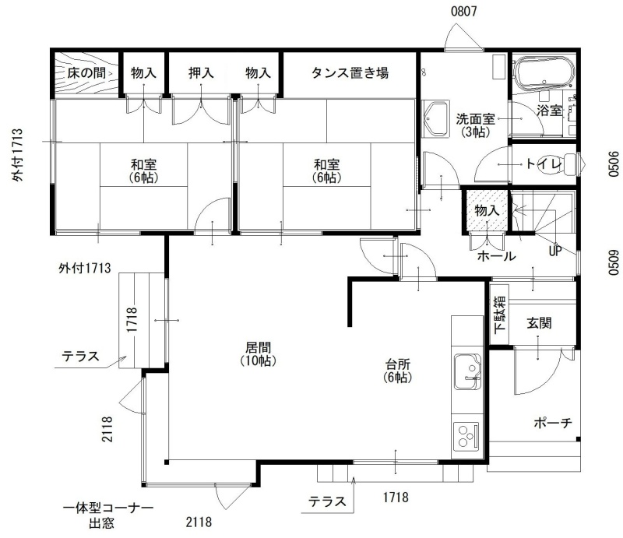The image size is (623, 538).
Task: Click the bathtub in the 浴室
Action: pyautogui.click(x=544, y=73)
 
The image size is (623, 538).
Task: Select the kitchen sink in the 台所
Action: pyautogui.click(x=467, y=371)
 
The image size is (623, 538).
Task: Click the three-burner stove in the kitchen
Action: pyautogui.click(x=467, y=435)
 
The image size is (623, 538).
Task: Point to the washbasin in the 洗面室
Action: pyautogui.click(x=436, y=119)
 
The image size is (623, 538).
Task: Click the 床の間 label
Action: pyautogui.click(x=86, y=72)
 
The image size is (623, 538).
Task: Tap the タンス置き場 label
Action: pyautogui.click(x=350, y=72)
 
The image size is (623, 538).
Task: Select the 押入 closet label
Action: pyautogui.click(x=201, y=72)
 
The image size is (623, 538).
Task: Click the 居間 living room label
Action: pyautogui.click(x=259, y=347)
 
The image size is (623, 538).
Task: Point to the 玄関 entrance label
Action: pyautogui.click(x=539, y=322)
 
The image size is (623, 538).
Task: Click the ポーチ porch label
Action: pyautogui.click(x=553, y=422)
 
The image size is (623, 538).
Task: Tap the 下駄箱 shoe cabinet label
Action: pyautogui.click(x=500, y=313)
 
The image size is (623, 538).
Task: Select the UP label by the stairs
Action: pyautogui.click(x=555, y=251)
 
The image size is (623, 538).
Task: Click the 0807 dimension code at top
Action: pyautogui.click(x=463, y=11)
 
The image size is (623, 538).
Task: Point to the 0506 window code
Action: pyautogui.click(x=614, y=164)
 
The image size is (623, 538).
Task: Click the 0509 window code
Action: pyautogui.click(x=614, y=262)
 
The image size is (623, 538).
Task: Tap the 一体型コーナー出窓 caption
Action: pyautogui.click(x=108, y=515)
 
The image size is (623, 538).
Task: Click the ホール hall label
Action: pyautogui.click(x=496, y=256)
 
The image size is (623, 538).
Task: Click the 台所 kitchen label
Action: pyautogui.click(x=398, y=364)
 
